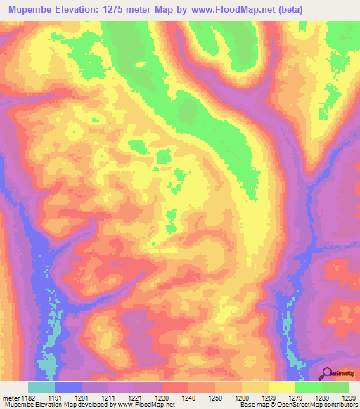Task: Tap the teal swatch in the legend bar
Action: click(41, 387)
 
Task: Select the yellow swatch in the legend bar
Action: click(281, 387)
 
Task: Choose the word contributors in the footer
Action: click(339, 405)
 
